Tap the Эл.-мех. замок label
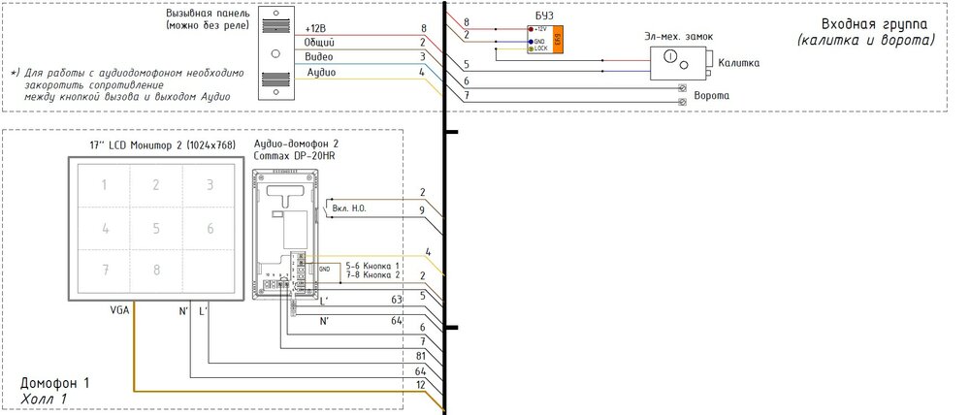pos(679,36)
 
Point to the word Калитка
pos(739,63)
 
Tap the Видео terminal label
pos(320,57)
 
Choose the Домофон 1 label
pos(55,384)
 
